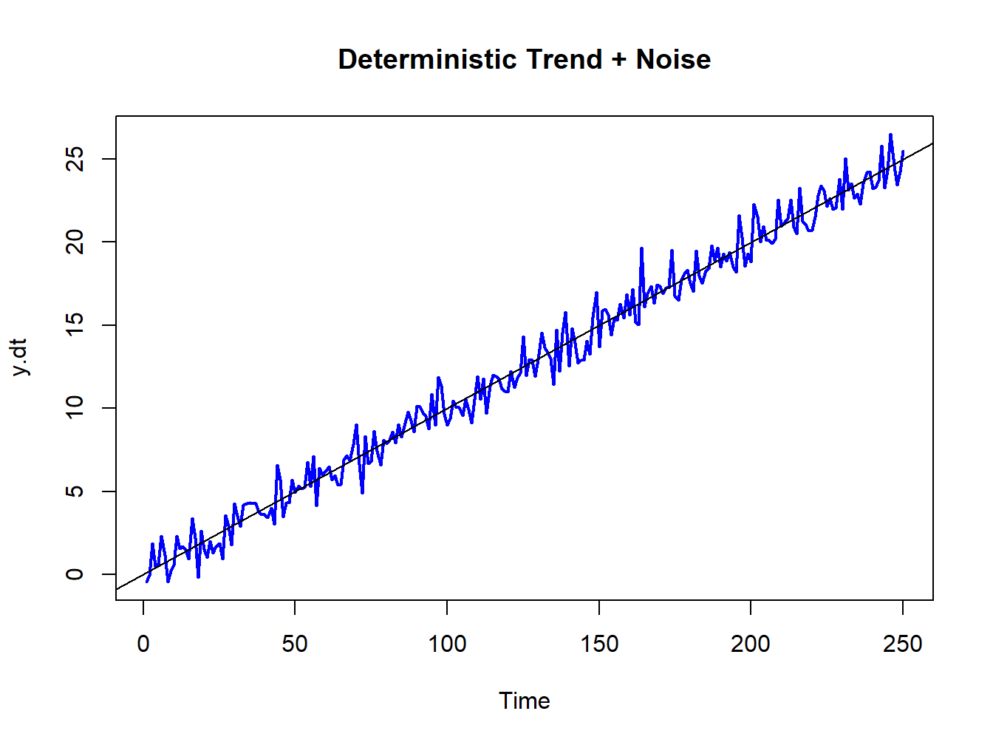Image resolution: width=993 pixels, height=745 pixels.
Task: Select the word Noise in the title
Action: tap(673, 59)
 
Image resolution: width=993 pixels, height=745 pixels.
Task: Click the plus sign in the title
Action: tap(619, 60)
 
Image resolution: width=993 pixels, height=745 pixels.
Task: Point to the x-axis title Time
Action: tap(524, 701)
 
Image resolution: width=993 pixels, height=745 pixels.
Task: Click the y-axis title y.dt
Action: tap(19, 358)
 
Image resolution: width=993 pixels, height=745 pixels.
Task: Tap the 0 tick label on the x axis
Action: tap(143, 644)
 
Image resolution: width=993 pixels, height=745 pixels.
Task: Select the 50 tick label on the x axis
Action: tap(295, 644)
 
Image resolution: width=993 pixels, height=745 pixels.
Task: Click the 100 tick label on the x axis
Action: tap(447, 644)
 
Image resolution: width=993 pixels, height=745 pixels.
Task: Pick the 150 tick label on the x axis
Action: tap(599, 644)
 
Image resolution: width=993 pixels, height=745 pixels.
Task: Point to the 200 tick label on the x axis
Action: tap(751, 644)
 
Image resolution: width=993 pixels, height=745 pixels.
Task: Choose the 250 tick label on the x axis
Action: tap(903, 644)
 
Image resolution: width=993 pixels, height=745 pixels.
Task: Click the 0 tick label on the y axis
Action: tap(75, 574)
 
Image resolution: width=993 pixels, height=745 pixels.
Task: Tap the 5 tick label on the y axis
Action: tap(75, 491)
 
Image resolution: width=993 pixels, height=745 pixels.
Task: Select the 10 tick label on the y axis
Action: tap(75, 408)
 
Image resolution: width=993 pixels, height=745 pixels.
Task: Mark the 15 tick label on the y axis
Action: tap(75, 325)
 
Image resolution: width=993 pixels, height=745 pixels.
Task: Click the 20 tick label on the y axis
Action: tap(75, 242)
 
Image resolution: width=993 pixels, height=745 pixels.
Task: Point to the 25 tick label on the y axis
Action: tap(75, 159)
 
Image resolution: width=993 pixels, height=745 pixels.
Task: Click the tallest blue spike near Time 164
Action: tap(641, 249)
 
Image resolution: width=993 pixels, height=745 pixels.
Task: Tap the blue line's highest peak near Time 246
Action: tap(891, 135)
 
